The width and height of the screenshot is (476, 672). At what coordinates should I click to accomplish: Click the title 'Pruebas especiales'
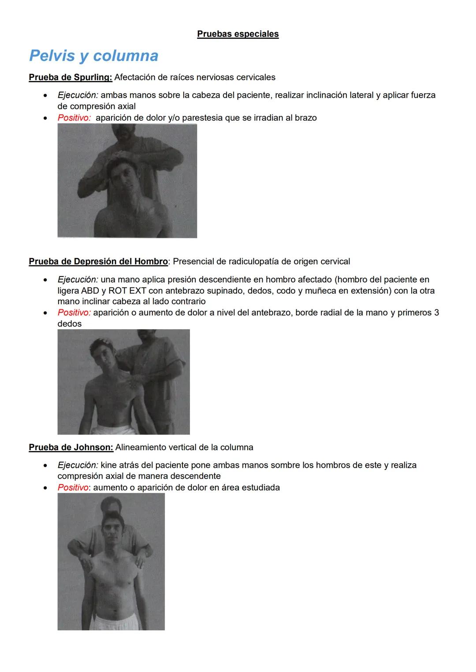point(238,34)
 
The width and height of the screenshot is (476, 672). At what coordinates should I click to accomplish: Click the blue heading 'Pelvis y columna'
point(93,56)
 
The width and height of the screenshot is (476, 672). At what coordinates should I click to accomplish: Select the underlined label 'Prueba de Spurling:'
point(71,77)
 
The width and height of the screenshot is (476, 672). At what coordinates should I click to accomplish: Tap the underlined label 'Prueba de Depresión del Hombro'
point(98,261)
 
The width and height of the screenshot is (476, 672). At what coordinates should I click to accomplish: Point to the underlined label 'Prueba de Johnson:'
point(71,448)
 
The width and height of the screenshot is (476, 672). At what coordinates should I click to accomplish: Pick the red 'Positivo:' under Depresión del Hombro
point(74,313)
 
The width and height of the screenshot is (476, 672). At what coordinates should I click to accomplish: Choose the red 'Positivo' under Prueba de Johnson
point(73,488)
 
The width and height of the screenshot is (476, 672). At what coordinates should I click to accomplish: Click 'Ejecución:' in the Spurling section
point(78,95)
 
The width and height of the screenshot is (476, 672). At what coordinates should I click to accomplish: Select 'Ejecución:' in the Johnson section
point(78,465)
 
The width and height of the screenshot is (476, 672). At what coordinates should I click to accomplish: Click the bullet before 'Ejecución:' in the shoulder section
point(45,280)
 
